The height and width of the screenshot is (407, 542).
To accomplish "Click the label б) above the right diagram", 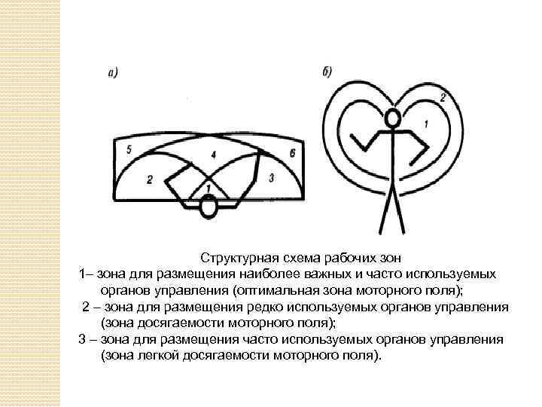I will [327, 72].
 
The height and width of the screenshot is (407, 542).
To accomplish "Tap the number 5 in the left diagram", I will [129, 151].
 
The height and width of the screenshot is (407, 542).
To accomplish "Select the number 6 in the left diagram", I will [292, 153].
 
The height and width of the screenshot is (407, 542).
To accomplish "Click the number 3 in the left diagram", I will [271, 176].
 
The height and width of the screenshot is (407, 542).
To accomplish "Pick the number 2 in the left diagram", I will [150, 179].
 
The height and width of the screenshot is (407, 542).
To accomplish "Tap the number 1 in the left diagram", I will [209, 187].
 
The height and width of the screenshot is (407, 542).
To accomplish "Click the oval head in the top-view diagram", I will [209, 207].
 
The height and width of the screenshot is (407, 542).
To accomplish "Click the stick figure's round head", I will [392, 118].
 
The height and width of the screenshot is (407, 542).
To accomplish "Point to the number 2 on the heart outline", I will [443, 96].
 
